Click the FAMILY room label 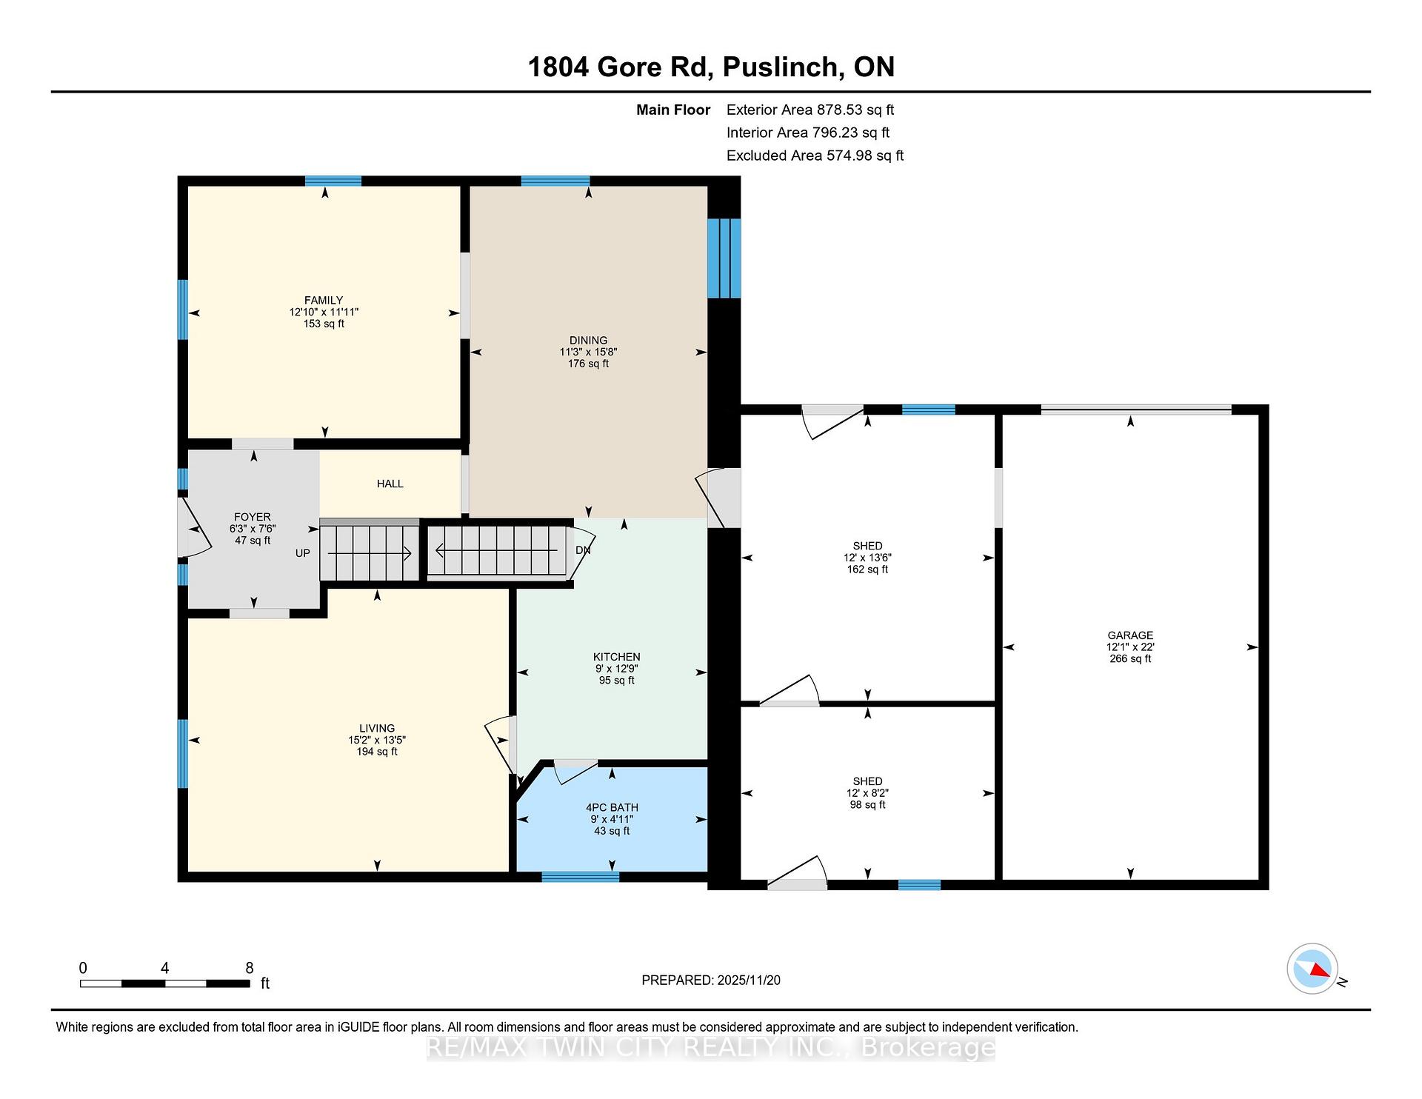click(324, 300)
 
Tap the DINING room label click(588, 341)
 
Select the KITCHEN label click(616, 657)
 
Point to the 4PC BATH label click(612, 807)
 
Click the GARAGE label click(1130, 635)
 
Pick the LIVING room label click(377, 728)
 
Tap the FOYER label click(253, 517)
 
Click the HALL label click(390, 484)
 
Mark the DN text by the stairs click(583, 550)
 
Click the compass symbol click(1312, 969)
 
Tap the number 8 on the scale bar click(250, 968)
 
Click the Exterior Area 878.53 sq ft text click(810, 110)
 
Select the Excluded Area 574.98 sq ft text click(815, 156)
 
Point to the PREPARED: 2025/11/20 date click(711, 980)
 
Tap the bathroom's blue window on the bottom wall click(581, 877)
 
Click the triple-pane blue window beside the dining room click(724, 258)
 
